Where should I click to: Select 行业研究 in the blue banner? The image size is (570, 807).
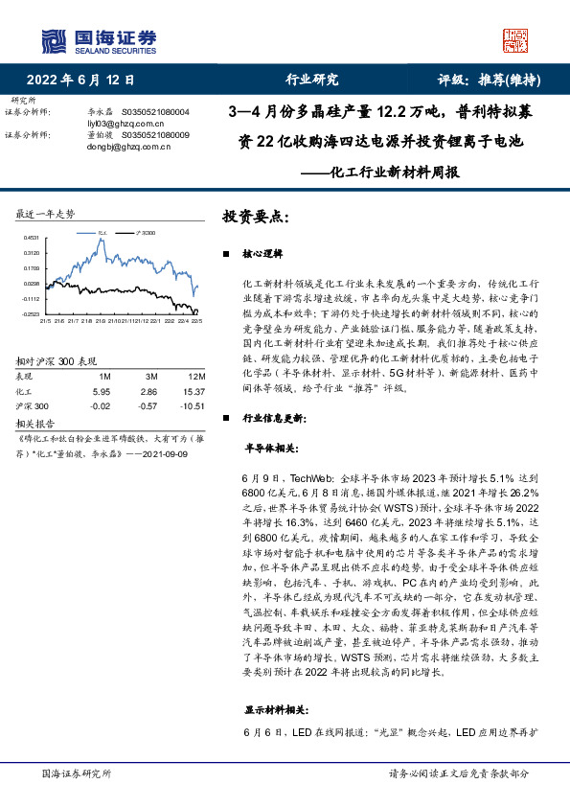312,81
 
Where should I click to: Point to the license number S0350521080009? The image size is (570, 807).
154,135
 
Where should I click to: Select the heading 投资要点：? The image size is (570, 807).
255,217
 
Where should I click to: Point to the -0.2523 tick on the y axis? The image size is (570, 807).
31,313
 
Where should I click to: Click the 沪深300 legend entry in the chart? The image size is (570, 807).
145,232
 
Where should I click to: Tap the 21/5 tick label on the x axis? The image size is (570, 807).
45,321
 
